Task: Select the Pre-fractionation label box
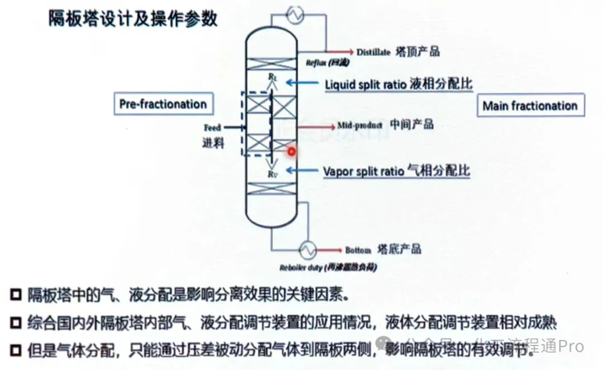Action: tap(162, 104)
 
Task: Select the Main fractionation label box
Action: tap(529, 106)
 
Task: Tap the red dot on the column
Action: tap(292, 151)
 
